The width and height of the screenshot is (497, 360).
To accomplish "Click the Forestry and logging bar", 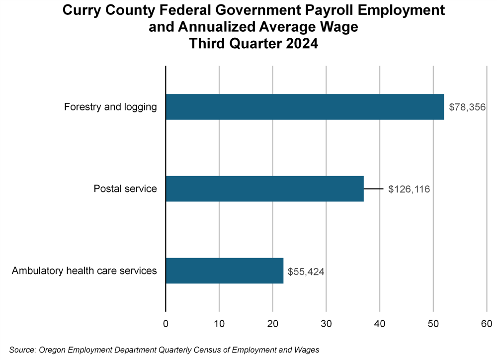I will pos(304,107).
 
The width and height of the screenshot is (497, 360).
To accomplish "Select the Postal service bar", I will pos(264,188).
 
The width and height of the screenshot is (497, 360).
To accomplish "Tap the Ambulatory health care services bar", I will pos(224,270).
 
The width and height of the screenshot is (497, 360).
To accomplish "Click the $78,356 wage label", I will pos(467,107).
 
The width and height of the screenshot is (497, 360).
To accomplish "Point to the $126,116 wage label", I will pos(409,189).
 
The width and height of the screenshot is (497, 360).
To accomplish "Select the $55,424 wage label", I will pos(306,271).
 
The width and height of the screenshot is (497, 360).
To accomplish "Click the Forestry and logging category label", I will pos(110,107).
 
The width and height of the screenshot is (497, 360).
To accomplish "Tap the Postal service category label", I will pos(125,189).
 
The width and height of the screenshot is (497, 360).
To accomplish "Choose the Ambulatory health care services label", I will pos(84,271).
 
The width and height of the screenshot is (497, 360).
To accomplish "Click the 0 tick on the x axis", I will pos(166,324).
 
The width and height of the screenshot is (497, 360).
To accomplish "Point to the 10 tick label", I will pos(219,324).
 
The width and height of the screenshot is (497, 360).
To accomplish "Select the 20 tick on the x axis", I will pos(273,324).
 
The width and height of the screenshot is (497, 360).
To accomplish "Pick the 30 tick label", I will pos(326,324).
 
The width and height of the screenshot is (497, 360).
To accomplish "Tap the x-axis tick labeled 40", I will pos(380,324).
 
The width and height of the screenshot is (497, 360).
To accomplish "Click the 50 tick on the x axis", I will pos(433,324).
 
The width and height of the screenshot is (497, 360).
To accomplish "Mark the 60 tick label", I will pos(487,324).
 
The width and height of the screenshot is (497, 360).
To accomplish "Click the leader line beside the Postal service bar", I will pos(374,189).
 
